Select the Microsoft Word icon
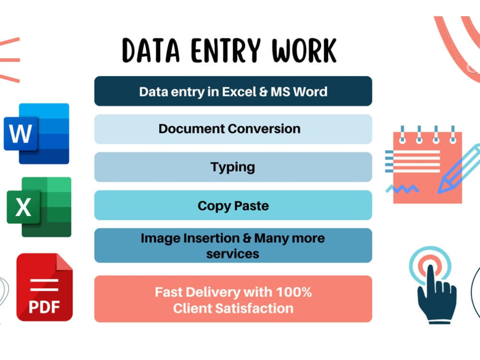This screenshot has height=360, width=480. pyautogui.click(x=37, y=133)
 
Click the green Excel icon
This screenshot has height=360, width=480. pyautogui.click(x=39, y=207)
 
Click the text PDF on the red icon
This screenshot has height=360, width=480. pyautogui.click(x=44, y=306)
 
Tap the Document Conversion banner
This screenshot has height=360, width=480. pyautogui.click(x=233, y=129)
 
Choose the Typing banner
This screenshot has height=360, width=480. pyautogui.click(x=233, y=167)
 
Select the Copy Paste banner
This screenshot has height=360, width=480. pyautogui.click(x=233, y=205)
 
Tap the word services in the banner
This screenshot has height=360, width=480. pyautogui.click(x=233, y=253)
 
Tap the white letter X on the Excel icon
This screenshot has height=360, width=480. pyautogui.click(x=23, y=207)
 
